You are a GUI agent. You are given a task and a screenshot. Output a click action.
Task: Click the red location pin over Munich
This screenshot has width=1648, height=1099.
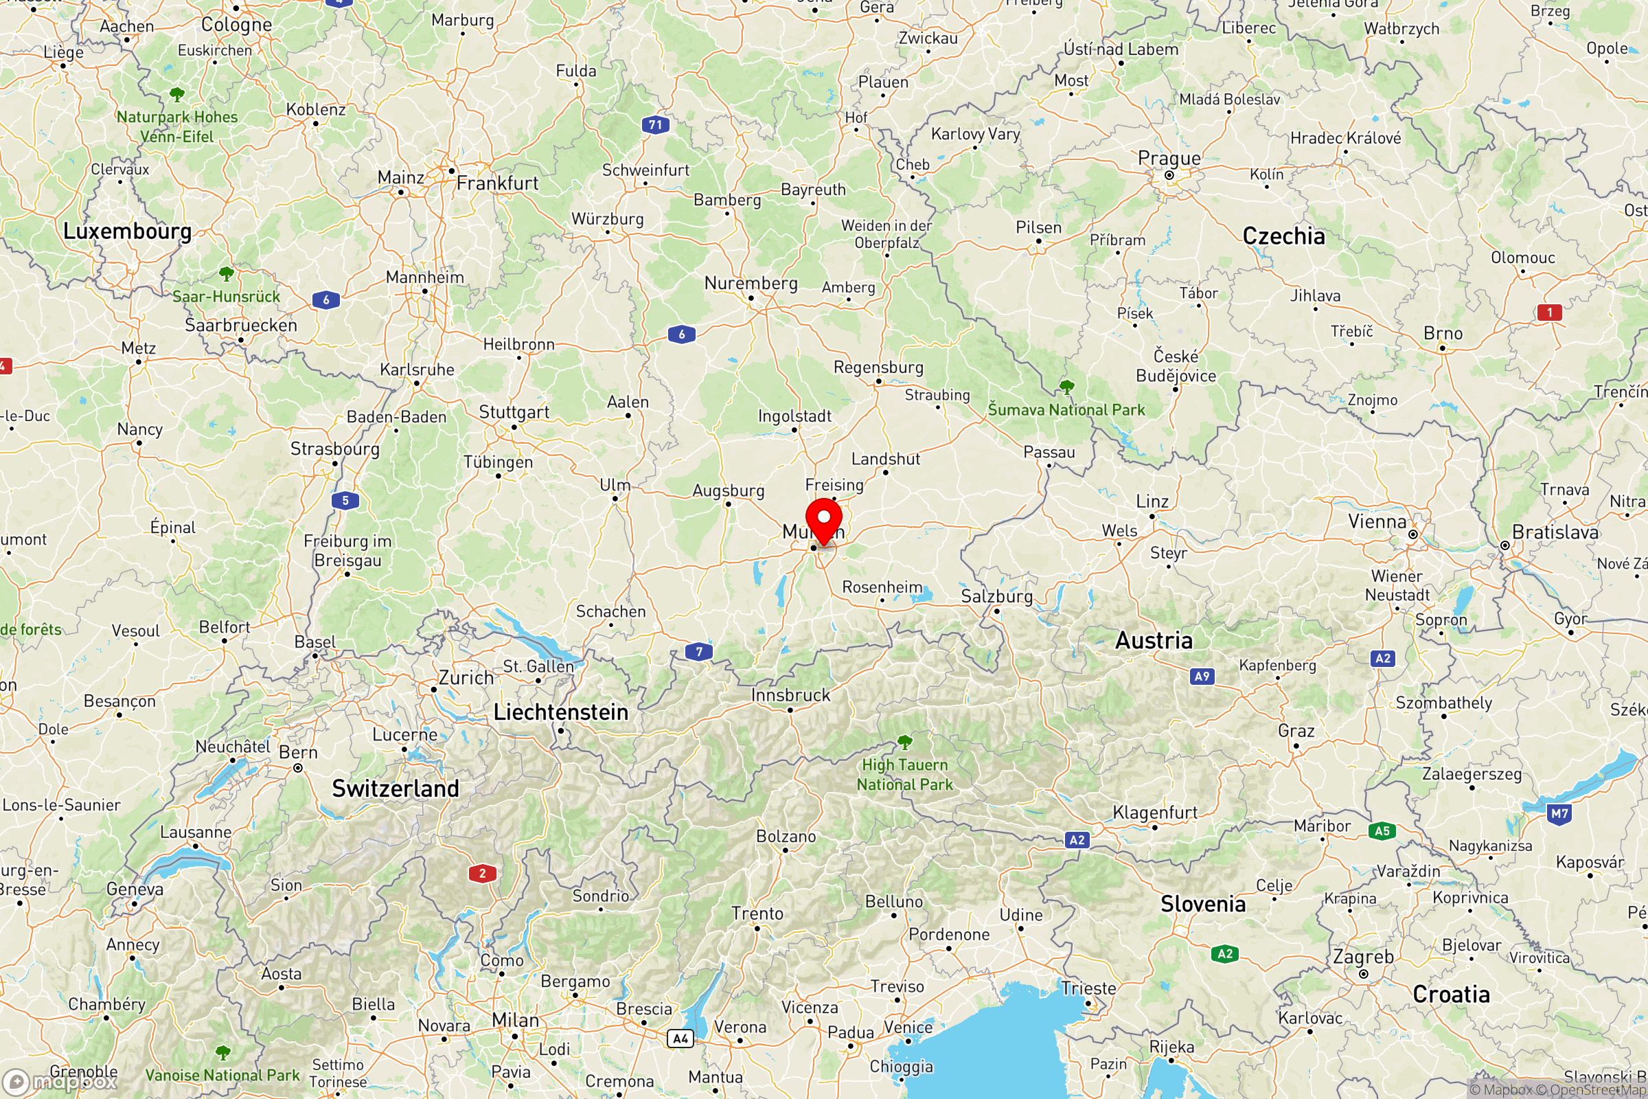[823, 519]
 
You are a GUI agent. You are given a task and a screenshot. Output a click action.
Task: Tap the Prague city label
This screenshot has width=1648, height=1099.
[1169, 159]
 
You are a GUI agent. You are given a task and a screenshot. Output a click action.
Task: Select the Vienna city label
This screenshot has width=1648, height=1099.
[1377, 522]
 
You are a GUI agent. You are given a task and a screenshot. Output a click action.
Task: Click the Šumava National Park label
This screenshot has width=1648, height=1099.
[1066, 410]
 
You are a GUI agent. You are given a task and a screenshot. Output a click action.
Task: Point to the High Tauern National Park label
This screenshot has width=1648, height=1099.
[904, 775]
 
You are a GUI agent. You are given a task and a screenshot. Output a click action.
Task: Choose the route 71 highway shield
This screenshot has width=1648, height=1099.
[655, 126]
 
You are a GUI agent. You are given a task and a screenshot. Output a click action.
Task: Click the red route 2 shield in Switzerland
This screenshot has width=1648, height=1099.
[482, 873]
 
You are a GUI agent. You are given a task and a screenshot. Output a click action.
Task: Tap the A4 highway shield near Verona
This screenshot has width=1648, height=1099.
[680, 1039]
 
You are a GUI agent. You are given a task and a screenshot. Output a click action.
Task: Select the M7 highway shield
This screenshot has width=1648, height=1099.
[1559, 814]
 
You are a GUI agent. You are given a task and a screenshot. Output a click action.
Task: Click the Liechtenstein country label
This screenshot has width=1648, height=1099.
[560, 713]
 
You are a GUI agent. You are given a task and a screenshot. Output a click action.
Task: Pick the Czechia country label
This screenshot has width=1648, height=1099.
[1283, 237]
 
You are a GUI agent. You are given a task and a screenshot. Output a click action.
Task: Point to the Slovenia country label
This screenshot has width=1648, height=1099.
[1202, 904]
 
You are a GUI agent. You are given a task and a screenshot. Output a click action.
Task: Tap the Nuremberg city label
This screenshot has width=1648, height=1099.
[751, 283]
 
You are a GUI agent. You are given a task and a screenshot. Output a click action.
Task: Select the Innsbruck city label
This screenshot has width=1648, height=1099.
[790, 695]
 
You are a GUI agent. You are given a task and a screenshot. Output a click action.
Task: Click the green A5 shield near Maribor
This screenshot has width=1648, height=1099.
[1382, 831]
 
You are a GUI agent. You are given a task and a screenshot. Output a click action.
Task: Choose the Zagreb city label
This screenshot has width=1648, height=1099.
[1363, 957]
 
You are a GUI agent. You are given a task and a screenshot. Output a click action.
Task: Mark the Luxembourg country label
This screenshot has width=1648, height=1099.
[127, 231]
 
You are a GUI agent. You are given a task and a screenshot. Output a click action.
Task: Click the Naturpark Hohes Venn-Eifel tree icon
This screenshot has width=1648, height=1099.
[177, 94]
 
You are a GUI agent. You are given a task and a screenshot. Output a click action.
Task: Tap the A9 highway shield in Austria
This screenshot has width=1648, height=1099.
[1202, 677]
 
